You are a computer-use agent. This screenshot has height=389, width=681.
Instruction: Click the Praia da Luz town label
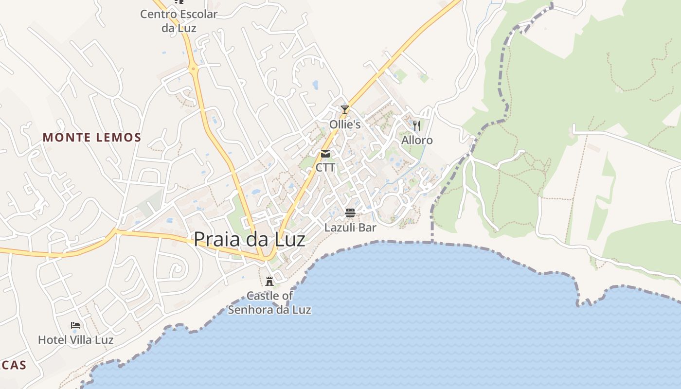[x=250, y=239]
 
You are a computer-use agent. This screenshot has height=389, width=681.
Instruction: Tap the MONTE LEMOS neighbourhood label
[x=92, y=138]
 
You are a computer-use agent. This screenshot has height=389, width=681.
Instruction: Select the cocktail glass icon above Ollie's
[x=345, y=110]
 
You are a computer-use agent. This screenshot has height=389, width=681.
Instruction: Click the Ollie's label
[x=345, y=124]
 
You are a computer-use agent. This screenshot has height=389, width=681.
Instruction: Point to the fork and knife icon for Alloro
[x=417, y=126]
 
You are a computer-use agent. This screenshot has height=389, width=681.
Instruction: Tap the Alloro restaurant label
[x=417, y=141]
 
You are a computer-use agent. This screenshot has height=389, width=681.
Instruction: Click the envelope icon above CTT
[x=325, y=154]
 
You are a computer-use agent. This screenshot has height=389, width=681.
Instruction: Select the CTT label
[x=325, y=168]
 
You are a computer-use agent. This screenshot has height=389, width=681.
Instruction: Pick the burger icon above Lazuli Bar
[x=350, y=213]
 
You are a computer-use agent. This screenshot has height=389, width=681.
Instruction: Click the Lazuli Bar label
[x=350, y=227]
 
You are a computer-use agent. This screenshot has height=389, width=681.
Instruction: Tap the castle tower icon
[x=269, y=281]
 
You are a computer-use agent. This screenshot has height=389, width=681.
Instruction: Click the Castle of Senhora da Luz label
[x=269, y=302]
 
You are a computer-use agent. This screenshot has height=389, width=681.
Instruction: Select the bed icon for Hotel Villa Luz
[x=75, y=325]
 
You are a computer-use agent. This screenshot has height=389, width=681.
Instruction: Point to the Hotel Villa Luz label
[x=75, y=340]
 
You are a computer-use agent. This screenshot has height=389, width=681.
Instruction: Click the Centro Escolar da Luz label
[x=179, y=21]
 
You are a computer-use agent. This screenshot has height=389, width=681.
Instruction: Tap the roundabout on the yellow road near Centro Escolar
[x=194, y=69]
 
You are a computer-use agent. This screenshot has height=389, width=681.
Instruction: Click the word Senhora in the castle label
[x=248, y=310]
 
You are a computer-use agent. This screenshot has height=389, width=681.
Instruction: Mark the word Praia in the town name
[x=216, y=239]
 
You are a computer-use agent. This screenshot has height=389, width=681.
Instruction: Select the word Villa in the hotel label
[x=81, y=340]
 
